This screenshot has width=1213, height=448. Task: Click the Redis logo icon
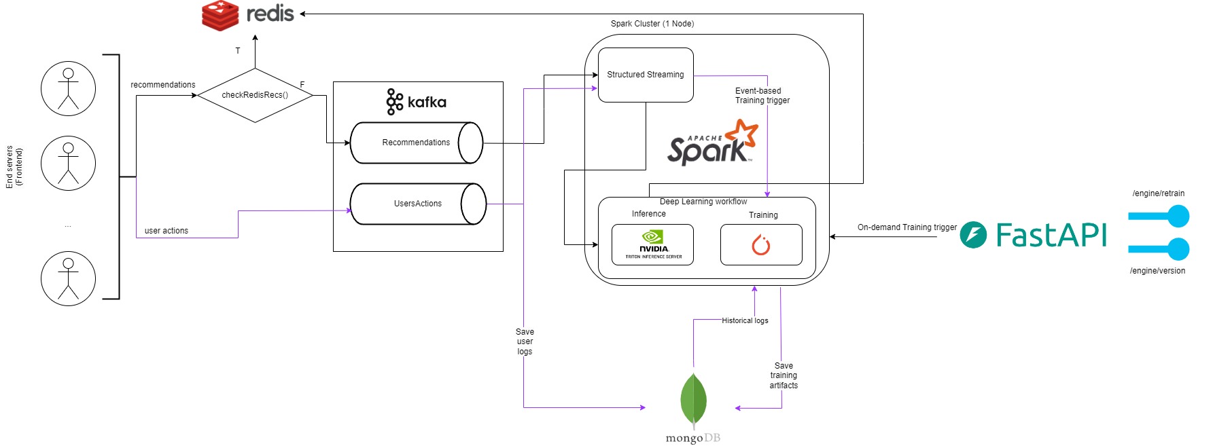220,16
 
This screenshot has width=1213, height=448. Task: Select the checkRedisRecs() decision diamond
255,95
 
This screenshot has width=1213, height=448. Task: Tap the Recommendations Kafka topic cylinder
416,143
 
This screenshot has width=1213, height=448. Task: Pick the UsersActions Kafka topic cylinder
417,204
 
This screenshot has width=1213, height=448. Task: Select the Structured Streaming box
646,75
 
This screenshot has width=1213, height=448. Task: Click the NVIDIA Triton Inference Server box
652,244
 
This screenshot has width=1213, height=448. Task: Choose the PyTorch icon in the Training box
761,244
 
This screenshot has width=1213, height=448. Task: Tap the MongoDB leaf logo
693,400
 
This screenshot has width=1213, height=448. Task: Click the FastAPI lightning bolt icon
973,235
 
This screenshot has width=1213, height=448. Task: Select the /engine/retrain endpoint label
1158,193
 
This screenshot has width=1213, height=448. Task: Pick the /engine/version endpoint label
1157,271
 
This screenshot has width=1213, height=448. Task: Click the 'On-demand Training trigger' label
907,227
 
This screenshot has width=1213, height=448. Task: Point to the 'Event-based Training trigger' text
762,96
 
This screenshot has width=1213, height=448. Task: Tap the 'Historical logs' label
745,320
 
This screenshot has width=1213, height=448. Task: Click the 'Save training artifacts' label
784,375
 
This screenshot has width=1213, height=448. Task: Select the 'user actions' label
166,231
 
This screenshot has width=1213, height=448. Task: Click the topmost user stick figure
68,88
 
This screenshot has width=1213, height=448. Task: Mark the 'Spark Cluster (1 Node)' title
652,24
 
